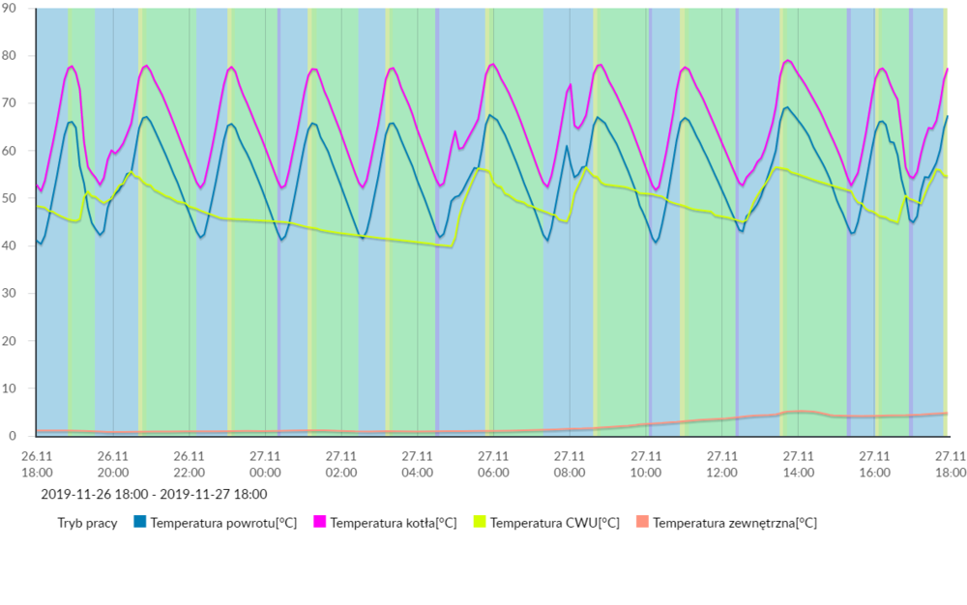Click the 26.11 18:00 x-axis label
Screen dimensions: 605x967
click(x=37, y=463)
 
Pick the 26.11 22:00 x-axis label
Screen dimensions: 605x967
click(x=189, y=463)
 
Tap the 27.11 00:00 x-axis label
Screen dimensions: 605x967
click(x=265, y=463)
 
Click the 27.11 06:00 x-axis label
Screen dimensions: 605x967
click(x=493, y=463)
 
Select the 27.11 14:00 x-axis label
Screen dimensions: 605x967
click(x=798, y=463)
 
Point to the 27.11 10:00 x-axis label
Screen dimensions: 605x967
click(x=646, y=463)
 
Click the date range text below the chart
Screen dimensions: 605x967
click(x=154, y=494)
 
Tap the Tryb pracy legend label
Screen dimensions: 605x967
click(x=88, y=523)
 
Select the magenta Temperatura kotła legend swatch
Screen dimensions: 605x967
click(x=320, y=523)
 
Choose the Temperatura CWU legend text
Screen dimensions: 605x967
click(x=554, y=523)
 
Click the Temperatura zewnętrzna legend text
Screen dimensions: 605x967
click(x=734, y=523)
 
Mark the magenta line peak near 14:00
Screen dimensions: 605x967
click(x=788, y=61)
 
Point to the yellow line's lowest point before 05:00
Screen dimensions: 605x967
click(x=452, y=246)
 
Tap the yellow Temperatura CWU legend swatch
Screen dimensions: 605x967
click(x=479, y=523)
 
